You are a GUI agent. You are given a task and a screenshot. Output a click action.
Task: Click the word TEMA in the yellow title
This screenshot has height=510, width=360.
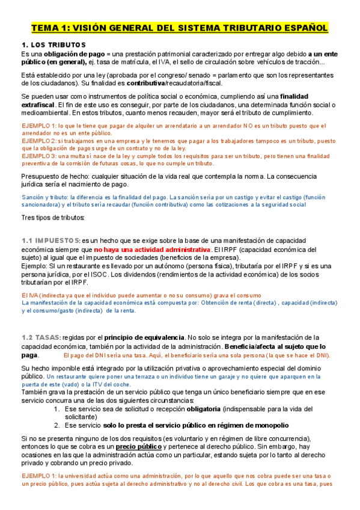coord(44,28)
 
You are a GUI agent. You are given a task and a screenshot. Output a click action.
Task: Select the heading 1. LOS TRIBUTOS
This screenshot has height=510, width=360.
coord(53,45)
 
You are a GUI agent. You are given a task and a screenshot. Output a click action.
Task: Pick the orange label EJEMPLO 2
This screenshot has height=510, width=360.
coord(37,141)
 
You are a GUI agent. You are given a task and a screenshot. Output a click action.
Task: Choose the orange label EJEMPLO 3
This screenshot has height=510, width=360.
coord(37,156)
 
